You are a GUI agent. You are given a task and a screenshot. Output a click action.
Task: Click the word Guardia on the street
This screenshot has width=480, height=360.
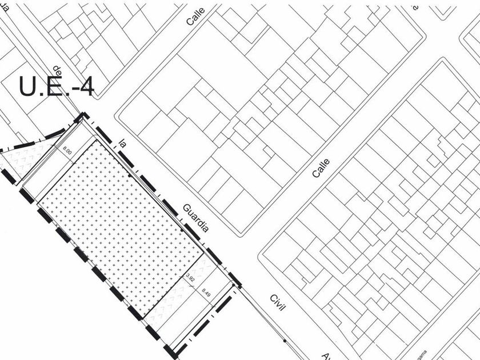click(195, 217)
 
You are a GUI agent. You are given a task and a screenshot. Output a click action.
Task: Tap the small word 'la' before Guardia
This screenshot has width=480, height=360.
click(122, 143)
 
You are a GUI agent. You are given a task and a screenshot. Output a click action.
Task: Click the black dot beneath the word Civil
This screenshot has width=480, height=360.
click(285, 341)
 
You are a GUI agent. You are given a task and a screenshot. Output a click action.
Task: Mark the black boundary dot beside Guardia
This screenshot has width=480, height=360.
click(182, 230)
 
